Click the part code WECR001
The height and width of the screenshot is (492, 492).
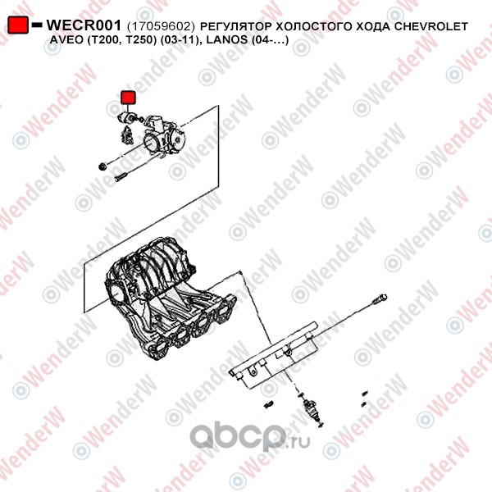coord(84,25)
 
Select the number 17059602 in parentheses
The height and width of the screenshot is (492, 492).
coord(161,26)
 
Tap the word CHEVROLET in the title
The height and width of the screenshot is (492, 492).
coord(431,26)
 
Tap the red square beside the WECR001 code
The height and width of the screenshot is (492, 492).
coord(18,25)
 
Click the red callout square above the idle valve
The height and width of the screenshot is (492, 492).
coord(129,98)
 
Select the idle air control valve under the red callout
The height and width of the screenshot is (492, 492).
coord(127,117)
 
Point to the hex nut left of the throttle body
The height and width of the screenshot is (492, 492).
coord(102,166)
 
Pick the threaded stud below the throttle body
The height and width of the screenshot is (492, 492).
coord(121,178)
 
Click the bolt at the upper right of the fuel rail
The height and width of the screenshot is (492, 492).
coord(380,299)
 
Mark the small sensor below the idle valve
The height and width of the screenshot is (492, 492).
coord(126,135)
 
